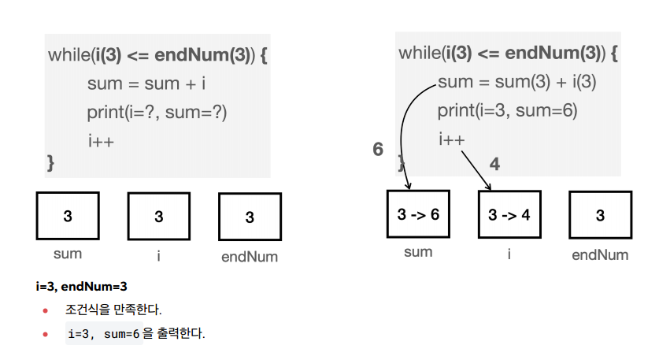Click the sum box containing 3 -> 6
click(x=418, y=213)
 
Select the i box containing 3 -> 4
click(x=509, y=213)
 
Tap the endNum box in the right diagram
click(x=600, y=215)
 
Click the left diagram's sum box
click(x=68, y=216)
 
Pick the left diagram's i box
click(x=159, y=216)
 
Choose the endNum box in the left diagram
click(x=250, y=217)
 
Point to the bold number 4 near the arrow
click(x=494, y=164)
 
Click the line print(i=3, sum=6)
click(x=508, y=110)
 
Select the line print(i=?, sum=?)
click(x=157, y=112)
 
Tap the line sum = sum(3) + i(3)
click(x=516, y=82)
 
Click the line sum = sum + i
click(x=146, y=84)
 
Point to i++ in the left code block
click(x=101, y=141)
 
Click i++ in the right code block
click(x=452, y=139)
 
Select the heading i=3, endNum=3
click(x=82, y=286)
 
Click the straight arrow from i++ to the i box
click(x=476, y=169)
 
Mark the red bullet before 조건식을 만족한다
click(x=46, y=310)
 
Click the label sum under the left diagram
click(x=68, y=254)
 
